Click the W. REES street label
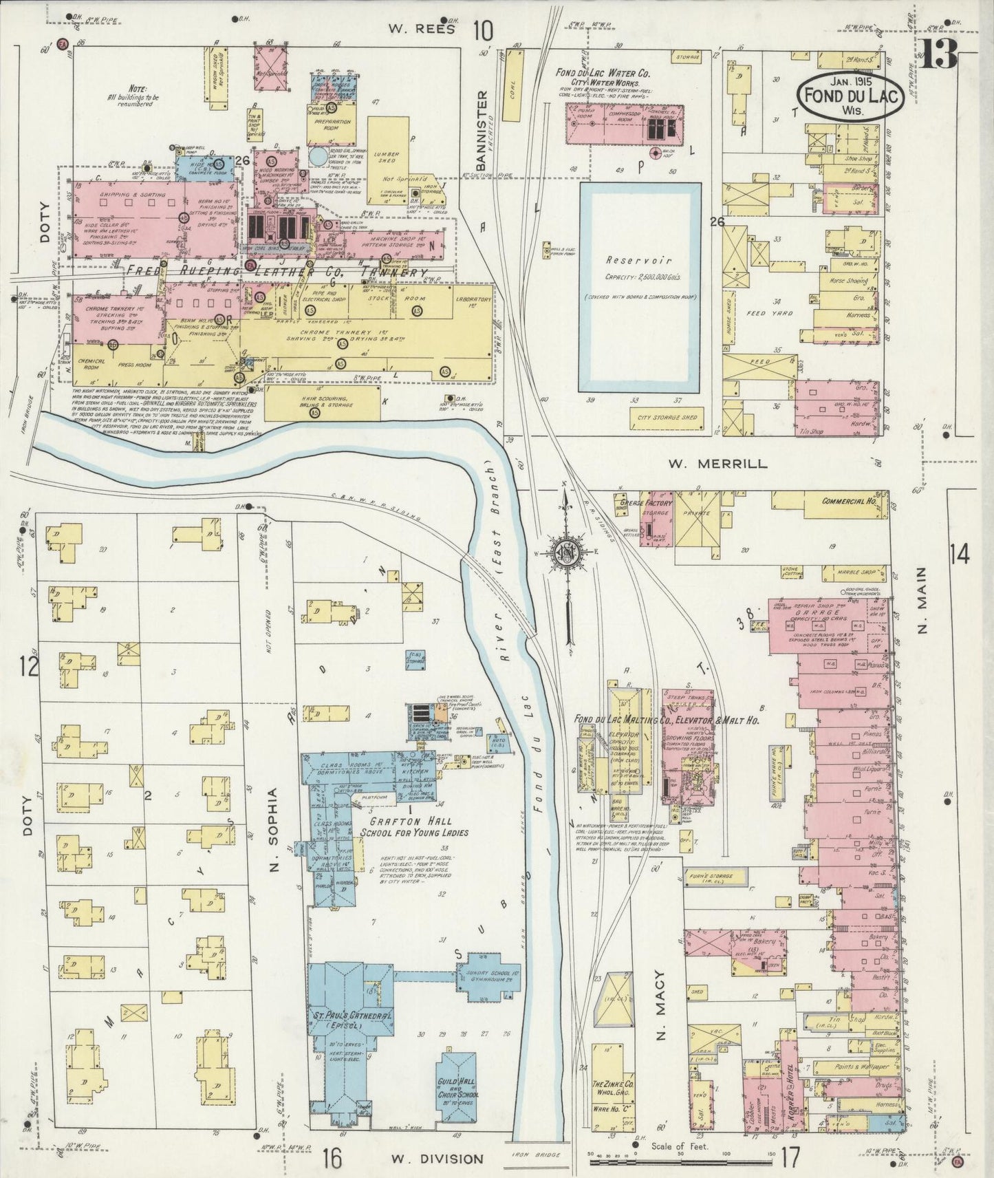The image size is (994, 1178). tap(411, 29)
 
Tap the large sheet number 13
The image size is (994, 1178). tap(938, 54)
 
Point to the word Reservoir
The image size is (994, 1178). tap(640, 261)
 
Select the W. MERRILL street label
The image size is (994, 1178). tap(717, 464)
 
